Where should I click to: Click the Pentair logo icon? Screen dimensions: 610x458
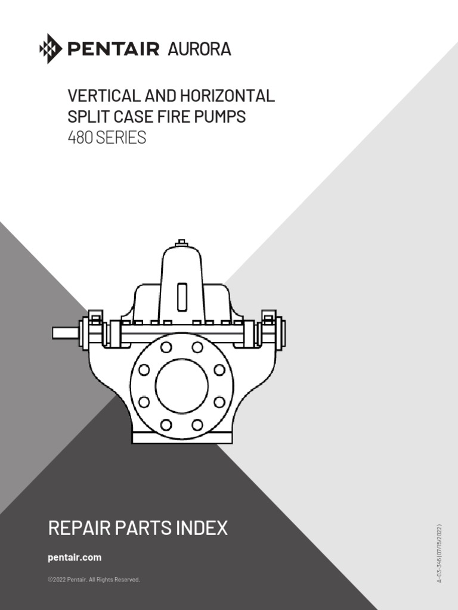(x=51, y=48)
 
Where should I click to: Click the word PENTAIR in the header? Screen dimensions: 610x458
(x=113, y=49)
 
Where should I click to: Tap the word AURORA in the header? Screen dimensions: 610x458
(x=199, y=49)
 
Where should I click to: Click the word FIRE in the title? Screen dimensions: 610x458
(x=178, y=117)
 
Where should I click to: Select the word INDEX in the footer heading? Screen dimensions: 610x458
(x=203, y=528)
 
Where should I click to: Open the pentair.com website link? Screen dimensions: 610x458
(x=75, y=558)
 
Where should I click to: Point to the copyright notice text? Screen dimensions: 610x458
(x=94, y=579)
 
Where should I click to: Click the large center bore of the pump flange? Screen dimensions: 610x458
(x=182, y=385)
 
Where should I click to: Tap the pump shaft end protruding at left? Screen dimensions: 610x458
(x=64, y=332)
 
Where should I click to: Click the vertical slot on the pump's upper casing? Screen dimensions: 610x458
(x=182, y=296)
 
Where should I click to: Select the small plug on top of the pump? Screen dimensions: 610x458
(x=182, y=242)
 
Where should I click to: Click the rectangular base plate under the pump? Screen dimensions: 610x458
(x=182, y=438)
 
